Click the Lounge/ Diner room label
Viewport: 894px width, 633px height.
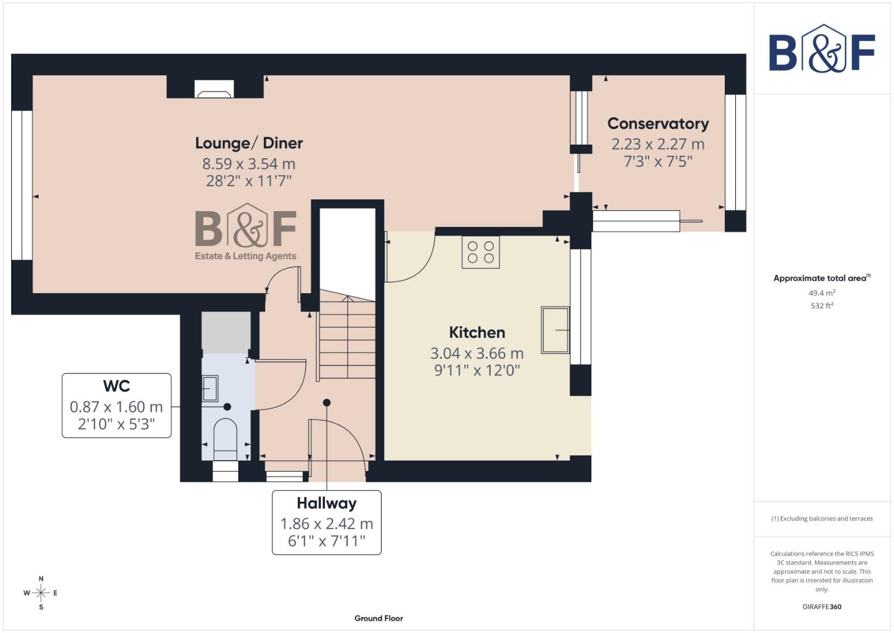249,143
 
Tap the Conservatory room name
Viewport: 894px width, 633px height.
658,124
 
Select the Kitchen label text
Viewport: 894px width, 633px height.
477,332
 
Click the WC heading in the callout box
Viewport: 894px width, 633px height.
117,386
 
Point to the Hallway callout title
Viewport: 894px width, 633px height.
326,503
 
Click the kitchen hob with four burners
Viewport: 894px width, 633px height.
481,252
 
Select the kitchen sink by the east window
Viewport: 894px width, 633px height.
555,330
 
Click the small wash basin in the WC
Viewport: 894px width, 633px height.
210,388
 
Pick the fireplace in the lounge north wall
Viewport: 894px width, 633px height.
214,89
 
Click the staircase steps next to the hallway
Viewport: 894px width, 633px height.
347,337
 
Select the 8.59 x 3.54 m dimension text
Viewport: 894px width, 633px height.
249,164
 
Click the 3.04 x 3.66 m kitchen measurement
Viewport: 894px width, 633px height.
477,353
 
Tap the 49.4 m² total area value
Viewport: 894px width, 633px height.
821,293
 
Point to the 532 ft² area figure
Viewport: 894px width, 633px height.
821,305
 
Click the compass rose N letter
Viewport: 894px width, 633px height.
41,578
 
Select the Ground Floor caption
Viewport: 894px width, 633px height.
378,618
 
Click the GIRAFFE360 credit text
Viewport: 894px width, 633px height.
821,607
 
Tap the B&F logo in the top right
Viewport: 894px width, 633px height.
821,49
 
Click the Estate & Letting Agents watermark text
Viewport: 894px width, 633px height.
245,256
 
